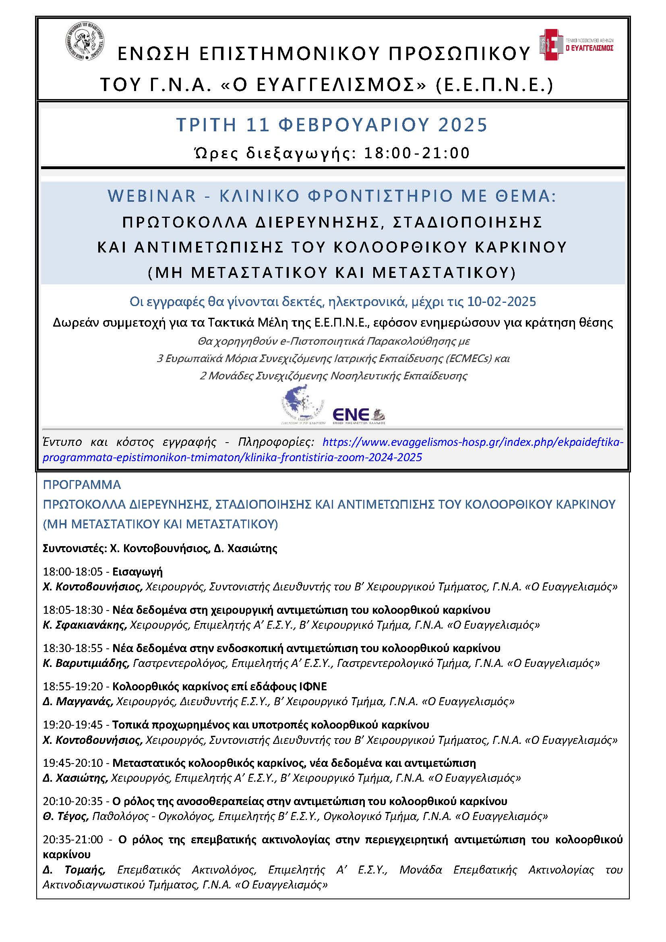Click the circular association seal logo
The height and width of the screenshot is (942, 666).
coord(84,44)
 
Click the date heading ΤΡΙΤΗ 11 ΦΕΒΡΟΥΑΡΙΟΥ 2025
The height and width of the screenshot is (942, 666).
coord(332,125)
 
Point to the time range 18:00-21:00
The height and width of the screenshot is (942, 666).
coord(417,153)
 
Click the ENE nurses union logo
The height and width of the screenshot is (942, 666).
coord(358,415)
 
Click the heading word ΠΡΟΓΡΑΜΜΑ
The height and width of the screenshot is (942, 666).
coord(82,485)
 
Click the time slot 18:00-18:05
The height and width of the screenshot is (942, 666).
coord(72,571)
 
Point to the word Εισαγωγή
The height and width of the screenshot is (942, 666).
coord(137,571)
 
